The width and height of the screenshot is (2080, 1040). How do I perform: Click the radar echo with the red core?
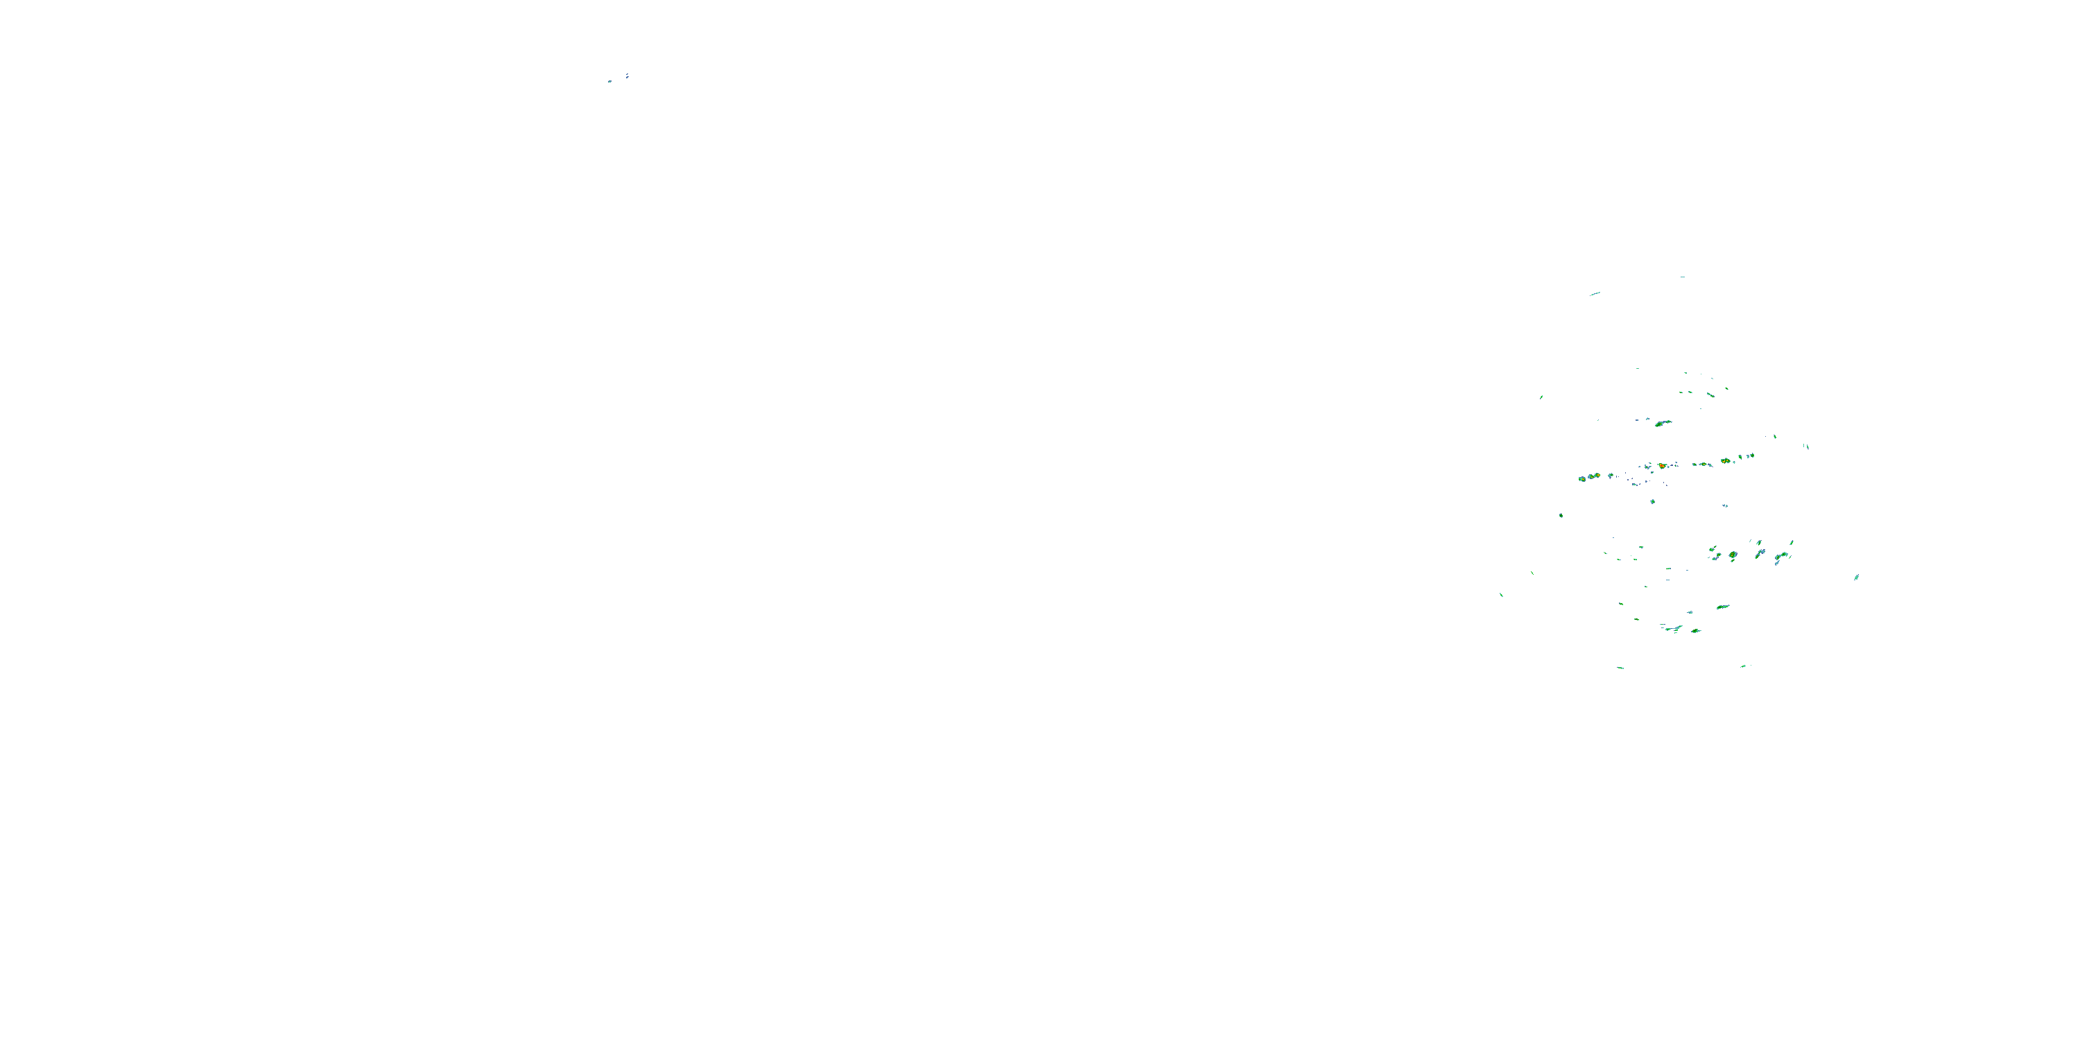tap(1662, 466)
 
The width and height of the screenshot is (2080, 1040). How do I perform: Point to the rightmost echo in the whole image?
tap(1856, 578)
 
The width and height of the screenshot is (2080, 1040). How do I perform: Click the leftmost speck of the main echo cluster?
tap(1501, 595)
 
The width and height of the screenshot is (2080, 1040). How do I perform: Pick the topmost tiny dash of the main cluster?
tap(1683, 277)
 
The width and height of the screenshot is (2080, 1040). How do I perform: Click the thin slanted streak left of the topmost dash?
tap(1595, 293)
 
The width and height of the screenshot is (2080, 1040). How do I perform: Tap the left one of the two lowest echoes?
tap(1620, 668)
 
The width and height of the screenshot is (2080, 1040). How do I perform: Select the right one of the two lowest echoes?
tap(1743, 666)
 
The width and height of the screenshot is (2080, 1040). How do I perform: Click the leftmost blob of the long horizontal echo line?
tap(1581, 479)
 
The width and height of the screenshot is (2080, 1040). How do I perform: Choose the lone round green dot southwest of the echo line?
tap(1561, 515)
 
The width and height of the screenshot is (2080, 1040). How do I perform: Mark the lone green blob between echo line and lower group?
tap(1653, 501)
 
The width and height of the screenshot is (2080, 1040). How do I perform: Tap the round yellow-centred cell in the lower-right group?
tap(1733, 555)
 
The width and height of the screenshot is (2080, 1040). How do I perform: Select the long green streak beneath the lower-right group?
tap(1723, 607)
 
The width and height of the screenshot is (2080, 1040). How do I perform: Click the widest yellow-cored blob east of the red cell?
tap(1725, 460)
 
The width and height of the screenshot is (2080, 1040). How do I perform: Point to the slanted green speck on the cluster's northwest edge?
tap(1541, 397)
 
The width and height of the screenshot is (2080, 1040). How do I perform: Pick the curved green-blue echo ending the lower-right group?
tap(1780, 556)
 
